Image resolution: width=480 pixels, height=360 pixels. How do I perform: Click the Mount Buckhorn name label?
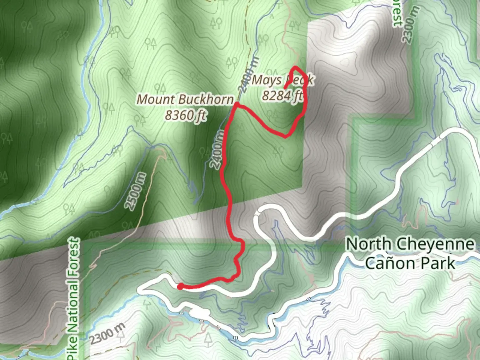[185, 99]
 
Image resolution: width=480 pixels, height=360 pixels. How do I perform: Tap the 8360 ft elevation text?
[185, 115]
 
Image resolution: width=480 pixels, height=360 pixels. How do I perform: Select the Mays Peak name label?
[282, 80]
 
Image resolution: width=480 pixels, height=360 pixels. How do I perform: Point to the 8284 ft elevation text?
[282, 96]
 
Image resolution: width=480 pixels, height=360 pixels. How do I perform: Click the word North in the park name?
[368, 244]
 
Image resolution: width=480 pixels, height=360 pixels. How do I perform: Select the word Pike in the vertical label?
[73, 349]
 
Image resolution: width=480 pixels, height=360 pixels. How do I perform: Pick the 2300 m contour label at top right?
[410, 29]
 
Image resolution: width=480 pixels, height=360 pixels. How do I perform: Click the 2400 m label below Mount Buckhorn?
[217, 150]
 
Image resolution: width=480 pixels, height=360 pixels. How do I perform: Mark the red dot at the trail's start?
[180, 286]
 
